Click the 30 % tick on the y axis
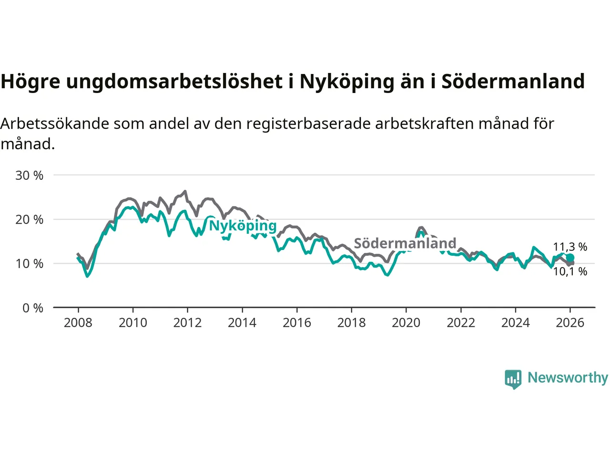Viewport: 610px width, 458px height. click(29, 176)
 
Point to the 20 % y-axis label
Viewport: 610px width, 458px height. click(29, 219)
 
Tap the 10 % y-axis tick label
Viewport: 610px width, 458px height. click(29, 263)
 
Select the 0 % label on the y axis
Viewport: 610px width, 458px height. click(32, 308)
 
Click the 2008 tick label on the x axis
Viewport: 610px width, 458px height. click(78, 323)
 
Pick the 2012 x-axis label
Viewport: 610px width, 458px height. click(187, 323)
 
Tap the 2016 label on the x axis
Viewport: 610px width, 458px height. click(296, 323)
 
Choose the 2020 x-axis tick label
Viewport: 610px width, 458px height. click(406, 323)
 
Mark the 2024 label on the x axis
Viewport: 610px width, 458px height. click(515, 323)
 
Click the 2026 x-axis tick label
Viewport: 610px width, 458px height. click(570, 323)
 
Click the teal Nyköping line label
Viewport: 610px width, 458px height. click(243, 226)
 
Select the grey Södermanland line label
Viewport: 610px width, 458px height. click(405, 243)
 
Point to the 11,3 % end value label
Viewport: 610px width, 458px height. click(570, 247)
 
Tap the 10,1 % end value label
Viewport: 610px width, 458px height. click(570, 271)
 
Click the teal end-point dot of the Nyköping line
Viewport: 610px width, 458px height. click(570, 258)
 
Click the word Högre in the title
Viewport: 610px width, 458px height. click(30, 82)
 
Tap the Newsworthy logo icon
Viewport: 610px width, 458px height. click(513, 379)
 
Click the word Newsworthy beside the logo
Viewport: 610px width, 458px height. click(568, 378)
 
